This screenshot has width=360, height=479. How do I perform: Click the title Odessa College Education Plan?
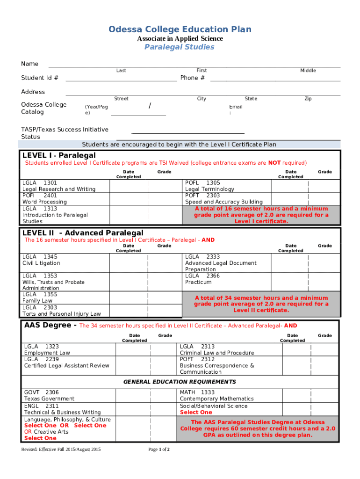coord(180,29)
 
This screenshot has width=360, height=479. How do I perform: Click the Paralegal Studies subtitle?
coord(180,47)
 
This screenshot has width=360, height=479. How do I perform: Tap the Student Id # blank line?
coord(121,79)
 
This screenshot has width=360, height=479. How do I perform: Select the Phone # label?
coord(192,78)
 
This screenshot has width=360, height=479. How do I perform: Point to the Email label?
coord(236,107)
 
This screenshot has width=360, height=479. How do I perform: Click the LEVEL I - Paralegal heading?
coord(59,155)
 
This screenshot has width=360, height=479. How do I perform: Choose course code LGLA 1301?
coord(40,182)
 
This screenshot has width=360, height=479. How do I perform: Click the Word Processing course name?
coord(44,202)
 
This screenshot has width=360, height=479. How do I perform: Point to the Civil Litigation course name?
coord(41,263)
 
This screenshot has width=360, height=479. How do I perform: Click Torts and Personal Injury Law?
coord(61,314)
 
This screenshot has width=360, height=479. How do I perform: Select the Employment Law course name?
coord(47,353)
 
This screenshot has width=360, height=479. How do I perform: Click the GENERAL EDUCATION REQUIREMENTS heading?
coord(180,382)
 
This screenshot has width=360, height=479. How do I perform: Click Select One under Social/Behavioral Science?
coord(196,413)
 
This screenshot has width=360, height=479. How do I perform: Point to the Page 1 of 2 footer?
coord(158,450)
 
